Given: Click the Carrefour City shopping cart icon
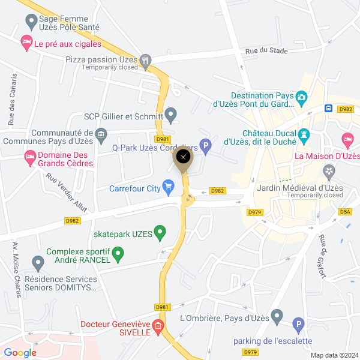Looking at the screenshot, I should [x=169, y=188].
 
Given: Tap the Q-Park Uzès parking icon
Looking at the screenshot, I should [x=205, y=145].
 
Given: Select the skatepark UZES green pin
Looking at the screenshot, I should [x=160, y=232].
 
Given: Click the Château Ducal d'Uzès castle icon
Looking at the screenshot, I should [x=304, y=136].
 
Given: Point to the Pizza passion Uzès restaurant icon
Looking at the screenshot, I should [x=145, y=61].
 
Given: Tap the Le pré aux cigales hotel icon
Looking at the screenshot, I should [x=26, y=42].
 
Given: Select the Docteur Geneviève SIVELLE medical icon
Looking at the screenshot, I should [x=158, y=328].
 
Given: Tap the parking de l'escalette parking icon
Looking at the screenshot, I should [x=298, y=326].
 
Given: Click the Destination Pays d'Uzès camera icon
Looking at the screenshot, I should [x=302, y=96].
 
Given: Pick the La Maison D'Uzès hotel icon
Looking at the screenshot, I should [x=347, y=140].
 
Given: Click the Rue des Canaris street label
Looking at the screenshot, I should [x=13, y=99].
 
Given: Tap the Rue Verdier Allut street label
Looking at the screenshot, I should [x=67, y=193].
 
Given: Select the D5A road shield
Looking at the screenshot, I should [x=345, y=212].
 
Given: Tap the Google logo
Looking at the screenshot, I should [x=20, y=353].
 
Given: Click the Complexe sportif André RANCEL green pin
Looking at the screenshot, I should [x=118, y=256].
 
